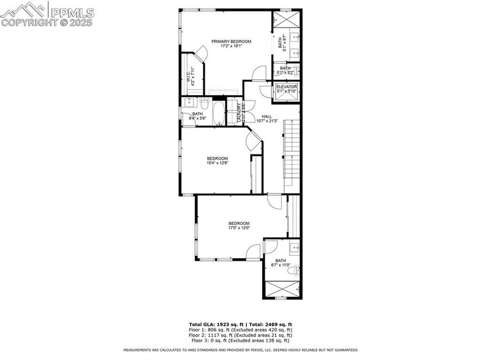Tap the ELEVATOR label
click(x=286, y=87)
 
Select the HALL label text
click(x=267, y=116)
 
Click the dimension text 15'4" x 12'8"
click(x=217, y=163)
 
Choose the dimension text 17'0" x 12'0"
click(x=239, y=228)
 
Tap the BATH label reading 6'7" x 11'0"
click(x=280, y=260)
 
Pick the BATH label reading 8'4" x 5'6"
click(x=197, y=114)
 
